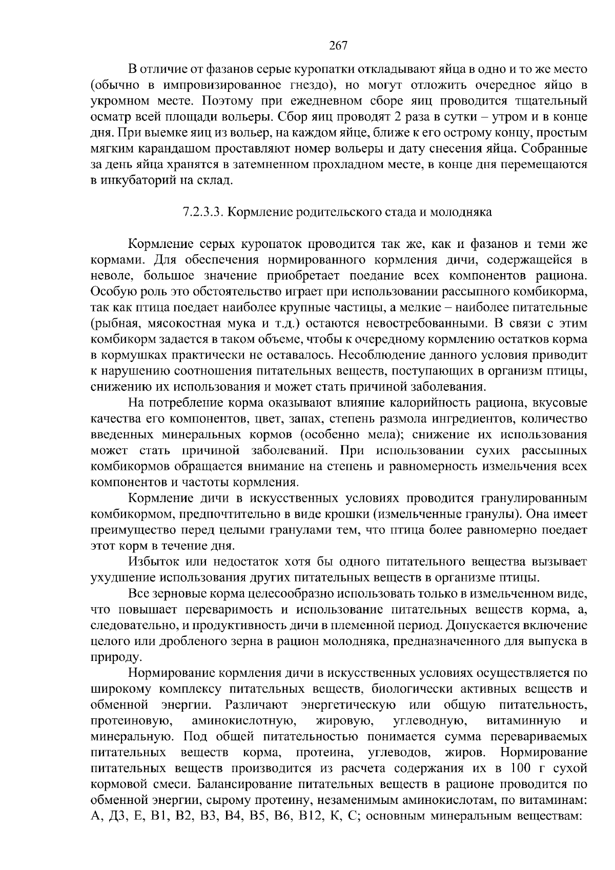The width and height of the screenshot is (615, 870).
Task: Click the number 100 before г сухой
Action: tap(521, 769)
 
